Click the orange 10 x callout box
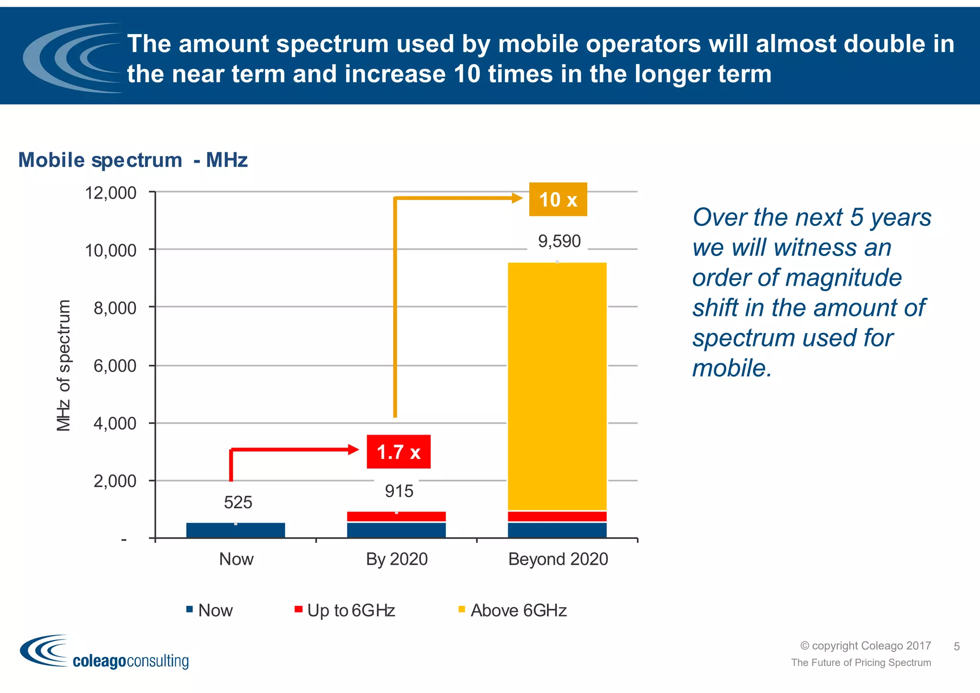pyautogui.click(x=557, y=199)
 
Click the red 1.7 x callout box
pyautogui.click(x=398, y=452)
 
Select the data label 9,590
pyautogui.click(x=559, y=241)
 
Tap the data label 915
pyautogui.click(x=399, y=491)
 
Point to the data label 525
pyautogui.click(x=238, y=503)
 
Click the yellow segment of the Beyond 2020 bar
pyautogui.click(x=557, y=383)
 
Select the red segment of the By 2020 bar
pyautogui.click(x=396, y=516)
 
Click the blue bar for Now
pyautogui.click(x=235, y=530)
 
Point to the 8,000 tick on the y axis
pyautogui.click(x=115, y=308)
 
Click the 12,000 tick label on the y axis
pyautogui.click(x=111, y=193)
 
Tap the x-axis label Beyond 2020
pyautogui.click(x=558, y=559)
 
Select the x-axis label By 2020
pyautogui.click(x=397, y=559)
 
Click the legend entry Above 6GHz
pyautogui.click(x=518, y=611)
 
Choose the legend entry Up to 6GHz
pyautogui.click(x=351, y=611)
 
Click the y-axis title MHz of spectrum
pyautogui.click(x=64, y=365)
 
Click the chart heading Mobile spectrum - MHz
pyautogui.click(x=133, y=160)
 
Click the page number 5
pyautogui.click(x=956, y=647)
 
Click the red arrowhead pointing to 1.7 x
pyautogui.click(x=354, y=449)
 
